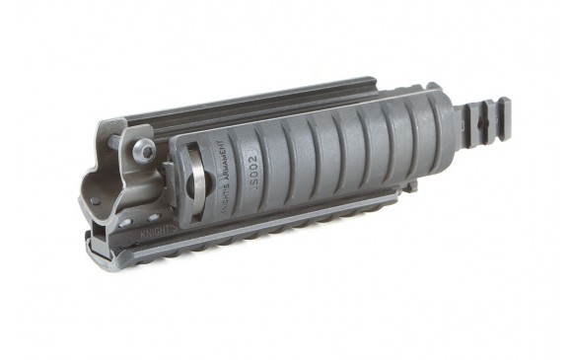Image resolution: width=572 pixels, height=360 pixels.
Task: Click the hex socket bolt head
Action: pyautogui.click(x=145, y=150)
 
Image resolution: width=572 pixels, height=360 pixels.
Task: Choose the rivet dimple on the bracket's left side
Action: pyautogui.click(x=97, y=201)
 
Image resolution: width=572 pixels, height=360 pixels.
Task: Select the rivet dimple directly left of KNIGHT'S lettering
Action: pyautogui.click(x=125, y=224)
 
